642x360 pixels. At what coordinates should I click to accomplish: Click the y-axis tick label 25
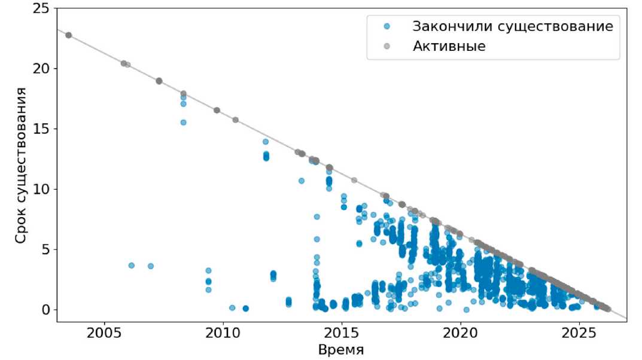41,8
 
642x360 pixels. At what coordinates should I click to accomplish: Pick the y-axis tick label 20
41,68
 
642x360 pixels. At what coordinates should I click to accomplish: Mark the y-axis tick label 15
41,129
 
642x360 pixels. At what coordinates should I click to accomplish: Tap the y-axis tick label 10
41,189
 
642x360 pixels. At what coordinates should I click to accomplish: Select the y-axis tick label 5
45,249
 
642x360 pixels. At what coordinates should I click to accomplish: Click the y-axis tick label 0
45,310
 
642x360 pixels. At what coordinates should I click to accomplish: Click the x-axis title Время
341,350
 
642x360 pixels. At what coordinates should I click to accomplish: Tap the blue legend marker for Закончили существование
387,26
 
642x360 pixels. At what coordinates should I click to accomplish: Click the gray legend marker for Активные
387,46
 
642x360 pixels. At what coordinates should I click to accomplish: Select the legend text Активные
449,46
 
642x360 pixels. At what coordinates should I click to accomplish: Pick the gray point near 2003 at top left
69,35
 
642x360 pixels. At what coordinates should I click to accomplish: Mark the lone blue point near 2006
132,266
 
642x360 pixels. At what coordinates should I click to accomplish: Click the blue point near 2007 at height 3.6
151,266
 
